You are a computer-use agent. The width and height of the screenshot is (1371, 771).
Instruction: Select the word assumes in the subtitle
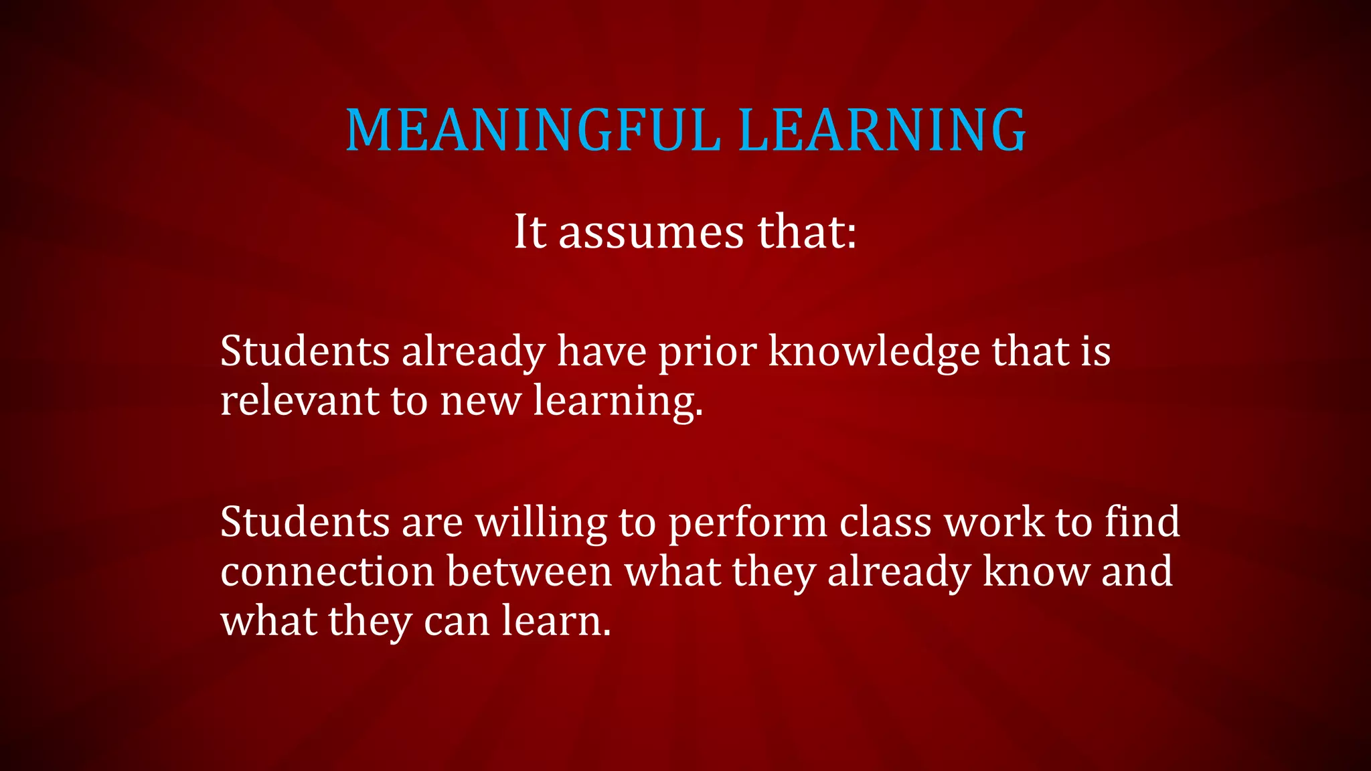point(651,232)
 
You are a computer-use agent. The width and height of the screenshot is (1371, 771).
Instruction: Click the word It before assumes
point(530,232)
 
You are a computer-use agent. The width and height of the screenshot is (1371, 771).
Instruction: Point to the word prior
point(708,352)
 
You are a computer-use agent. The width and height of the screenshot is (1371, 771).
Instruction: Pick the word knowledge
point(874,352)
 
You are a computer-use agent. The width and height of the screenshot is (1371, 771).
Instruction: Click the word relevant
point(299,401)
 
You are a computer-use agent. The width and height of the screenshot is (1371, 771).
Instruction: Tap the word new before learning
point(480,401)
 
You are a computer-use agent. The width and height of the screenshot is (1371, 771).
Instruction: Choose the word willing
point(541,523)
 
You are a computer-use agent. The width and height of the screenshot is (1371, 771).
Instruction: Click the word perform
point(748,523)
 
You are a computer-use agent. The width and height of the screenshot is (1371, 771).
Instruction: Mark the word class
point(885,523)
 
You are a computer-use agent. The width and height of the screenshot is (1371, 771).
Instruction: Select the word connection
point(327,572)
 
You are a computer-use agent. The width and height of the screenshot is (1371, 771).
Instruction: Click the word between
point(529,572)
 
